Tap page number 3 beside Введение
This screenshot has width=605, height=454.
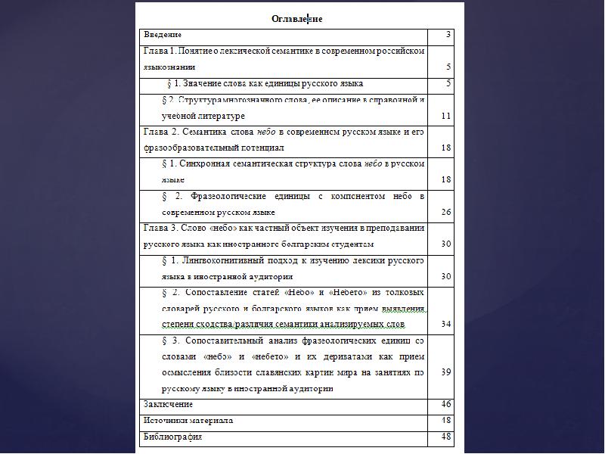click(x=448, y=35)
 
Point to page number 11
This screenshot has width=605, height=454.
click(x=446, y=117)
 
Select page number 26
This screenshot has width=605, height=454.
click(x=446, y=213)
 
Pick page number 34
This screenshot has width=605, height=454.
click(x=446, y=325)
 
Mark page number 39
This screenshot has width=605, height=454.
click(x=446, y=372)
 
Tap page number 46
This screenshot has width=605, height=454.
click(x=446, y=405)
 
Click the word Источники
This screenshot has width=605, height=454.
click(x=165, y=421)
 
